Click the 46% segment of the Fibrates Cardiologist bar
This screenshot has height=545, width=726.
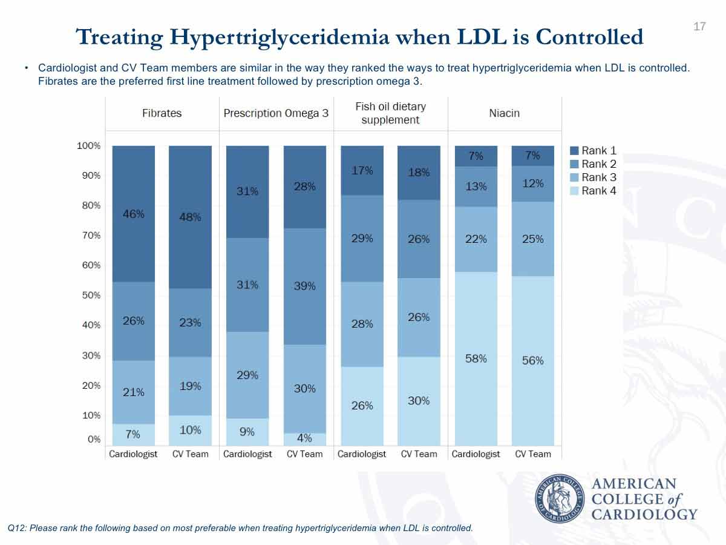click(134, 214)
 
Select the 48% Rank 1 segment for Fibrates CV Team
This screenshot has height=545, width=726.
click(190, 217)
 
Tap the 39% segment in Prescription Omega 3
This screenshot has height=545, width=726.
click(305, 286)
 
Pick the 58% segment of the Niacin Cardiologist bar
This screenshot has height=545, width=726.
click(476, 359)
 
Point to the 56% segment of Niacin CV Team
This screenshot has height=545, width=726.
click(533, 361)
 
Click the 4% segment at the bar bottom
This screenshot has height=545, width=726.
click(305, 440)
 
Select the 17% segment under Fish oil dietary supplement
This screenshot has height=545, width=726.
click(362, 170)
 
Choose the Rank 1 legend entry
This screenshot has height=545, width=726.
click(593, 151)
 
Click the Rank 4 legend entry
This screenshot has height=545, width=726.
click(593, 191)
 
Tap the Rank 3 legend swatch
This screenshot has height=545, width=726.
click(574, 177)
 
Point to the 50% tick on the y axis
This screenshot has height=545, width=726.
click(91, 295)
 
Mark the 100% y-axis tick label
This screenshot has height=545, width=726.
click(89, 145)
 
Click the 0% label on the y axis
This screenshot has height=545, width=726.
click(94, 440)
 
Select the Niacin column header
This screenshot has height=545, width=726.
click(505, 113)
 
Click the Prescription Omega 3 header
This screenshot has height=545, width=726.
click(276, 113)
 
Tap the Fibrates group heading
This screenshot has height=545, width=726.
click(162, 113)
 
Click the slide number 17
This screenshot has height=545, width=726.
click(699, 27)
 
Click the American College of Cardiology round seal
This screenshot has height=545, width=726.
click(560, 498)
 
